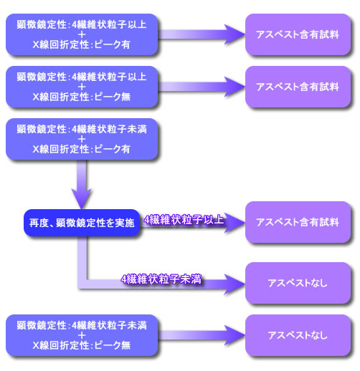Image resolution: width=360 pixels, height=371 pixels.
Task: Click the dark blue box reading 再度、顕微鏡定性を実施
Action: point(80,223)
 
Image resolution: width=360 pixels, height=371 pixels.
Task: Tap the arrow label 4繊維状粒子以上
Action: point(184,221)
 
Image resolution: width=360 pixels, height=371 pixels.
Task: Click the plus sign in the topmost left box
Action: point(81,34)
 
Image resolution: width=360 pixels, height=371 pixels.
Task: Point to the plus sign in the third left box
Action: point(81,139)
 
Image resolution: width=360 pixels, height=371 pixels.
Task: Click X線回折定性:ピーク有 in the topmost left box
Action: point(81,44)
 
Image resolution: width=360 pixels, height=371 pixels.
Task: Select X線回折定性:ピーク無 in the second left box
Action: point(81,97)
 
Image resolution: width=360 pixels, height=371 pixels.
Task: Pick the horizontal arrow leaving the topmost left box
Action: point(201,33)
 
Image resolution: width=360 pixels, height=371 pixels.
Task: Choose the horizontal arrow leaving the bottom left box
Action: point(201,334)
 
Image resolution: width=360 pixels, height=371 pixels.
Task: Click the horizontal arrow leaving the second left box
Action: point(201,87)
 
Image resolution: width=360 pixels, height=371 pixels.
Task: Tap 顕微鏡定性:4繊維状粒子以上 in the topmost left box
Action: point(81,23)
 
